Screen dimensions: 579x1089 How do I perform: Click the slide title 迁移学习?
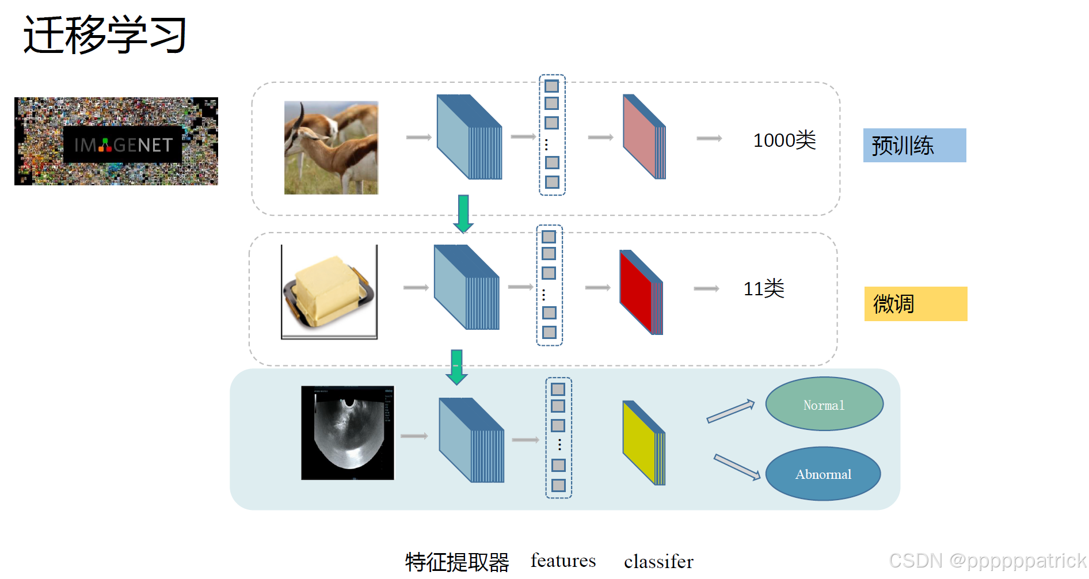[x=105, y=35]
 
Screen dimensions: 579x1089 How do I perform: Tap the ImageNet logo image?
[x=116, y=142]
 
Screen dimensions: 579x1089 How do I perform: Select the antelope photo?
[x=331, y=148]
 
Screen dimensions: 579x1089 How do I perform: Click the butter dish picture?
[x=329, y=292]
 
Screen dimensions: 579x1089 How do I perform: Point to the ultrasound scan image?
[x=348, y=433]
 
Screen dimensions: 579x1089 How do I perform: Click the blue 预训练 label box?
[x=914, y=146]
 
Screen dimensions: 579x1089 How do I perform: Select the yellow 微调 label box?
[x=915, y=304]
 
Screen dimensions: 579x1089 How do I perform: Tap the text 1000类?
[x=784, y=140]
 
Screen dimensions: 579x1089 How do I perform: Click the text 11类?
[x=763, y=289]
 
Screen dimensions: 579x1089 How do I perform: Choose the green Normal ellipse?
[x=824, y=404]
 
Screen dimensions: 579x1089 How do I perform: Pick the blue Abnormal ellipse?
[x=823, y=474]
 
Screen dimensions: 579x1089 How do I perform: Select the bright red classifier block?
[x=640, y=292]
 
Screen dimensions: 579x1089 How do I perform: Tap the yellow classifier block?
[x=643, y=443]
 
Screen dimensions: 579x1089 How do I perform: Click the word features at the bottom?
[x=563, y=561]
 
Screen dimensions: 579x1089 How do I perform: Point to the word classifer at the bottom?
[x=658, y=562]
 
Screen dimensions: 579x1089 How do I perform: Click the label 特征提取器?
[x=457, y=562]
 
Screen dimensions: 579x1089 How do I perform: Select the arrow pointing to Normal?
[x=730, y=411]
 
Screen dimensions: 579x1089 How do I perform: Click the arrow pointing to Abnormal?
[x=737, y=467]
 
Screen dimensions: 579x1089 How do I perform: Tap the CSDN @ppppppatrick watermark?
[x=987, y=561]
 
